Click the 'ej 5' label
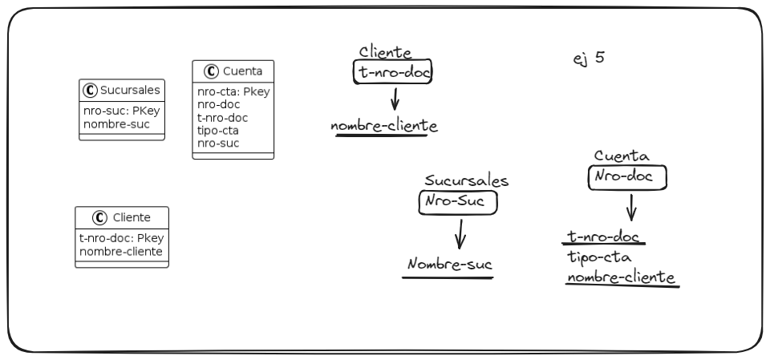(590, 59)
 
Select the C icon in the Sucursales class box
(91, 90)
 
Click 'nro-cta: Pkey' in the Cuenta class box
(233, 91)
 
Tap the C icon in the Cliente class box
(100, 216)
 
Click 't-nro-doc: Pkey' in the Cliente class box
(121, 237)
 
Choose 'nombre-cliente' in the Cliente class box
(120, 251)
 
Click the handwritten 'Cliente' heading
(385, 53)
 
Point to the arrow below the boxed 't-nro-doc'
(395, 100)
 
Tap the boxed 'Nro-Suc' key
(458, 202)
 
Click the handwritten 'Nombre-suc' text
(448, 265)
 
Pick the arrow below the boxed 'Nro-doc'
(631, 207)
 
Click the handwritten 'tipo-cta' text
(598, 257)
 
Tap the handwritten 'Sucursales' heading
(467, 181)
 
